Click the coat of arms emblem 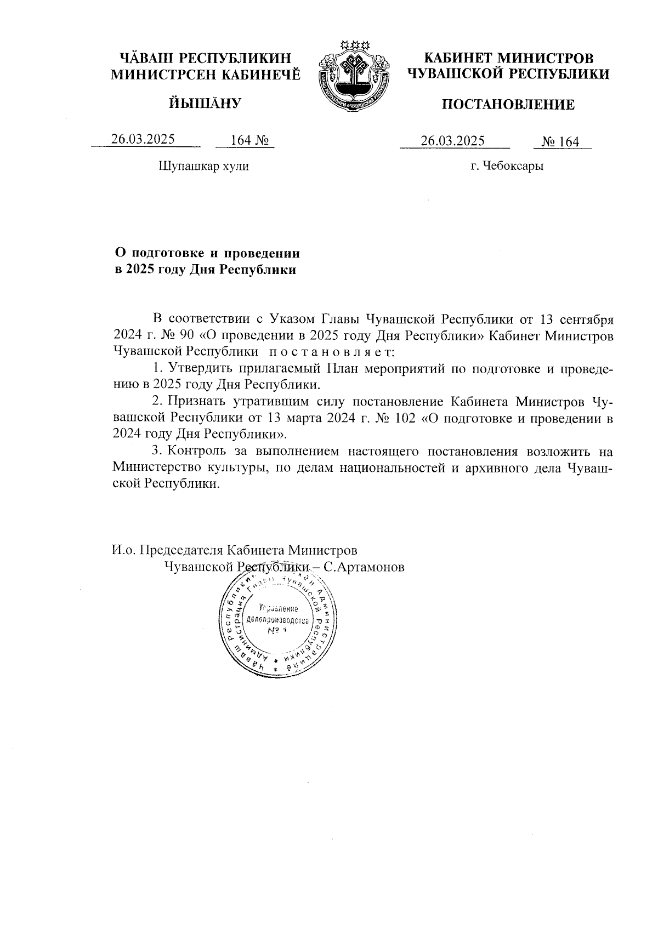coord(354,75)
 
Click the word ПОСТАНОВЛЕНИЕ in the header coord(508,105)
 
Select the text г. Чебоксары coord(507,166)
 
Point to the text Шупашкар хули coord(203,166)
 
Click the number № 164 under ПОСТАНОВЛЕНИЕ coord(560,142)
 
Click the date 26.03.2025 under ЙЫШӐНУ coord(143,139)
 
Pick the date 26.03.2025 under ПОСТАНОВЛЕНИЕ coord(453,141)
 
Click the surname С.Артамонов coord(364,567)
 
